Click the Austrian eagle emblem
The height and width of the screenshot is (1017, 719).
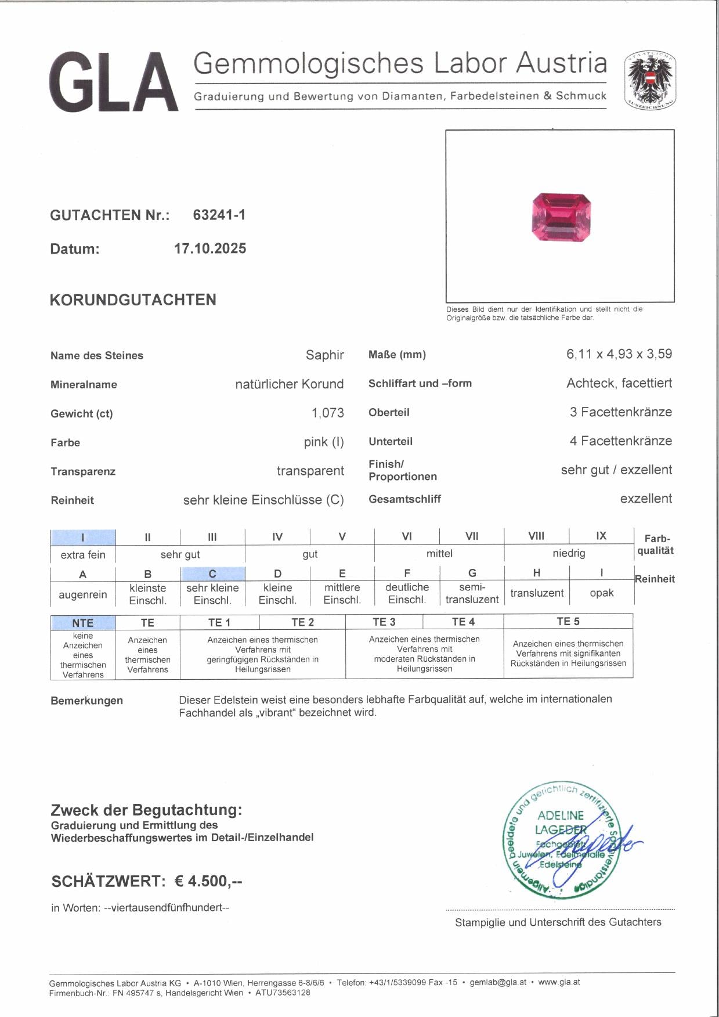click(650, 81)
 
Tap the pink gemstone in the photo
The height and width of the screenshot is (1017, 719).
click(561, 217)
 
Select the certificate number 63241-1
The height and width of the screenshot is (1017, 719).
click(219, 215)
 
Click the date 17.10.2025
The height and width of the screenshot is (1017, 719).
click(210, 248)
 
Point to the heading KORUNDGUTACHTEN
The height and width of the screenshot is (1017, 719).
click(133, 300)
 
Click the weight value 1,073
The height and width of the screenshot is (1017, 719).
click(327, 413)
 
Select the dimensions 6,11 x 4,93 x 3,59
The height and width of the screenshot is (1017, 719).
click(619, 354)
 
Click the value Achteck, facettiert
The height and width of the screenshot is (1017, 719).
click(619, 383)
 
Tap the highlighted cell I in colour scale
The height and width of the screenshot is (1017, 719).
click(83, 537)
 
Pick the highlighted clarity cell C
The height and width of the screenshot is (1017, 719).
click(212, 574)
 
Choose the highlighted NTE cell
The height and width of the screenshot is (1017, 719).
click(83, 622)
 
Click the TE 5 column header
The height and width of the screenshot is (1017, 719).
click(568, 622)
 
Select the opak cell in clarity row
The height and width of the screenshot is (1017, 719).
click(601, 593)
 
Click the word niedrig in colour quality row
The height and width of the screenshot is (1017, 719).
click(568, 553)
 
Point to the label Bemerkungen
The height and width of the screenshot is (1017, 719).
click(86, 701)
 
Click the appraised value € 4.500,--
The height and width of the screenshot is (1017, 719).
click(208, 881)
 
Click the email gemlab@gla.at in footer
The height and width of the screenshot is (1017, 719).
click(498, 982)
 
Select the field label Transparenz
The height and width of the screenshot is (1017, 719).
click(83, 471)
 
